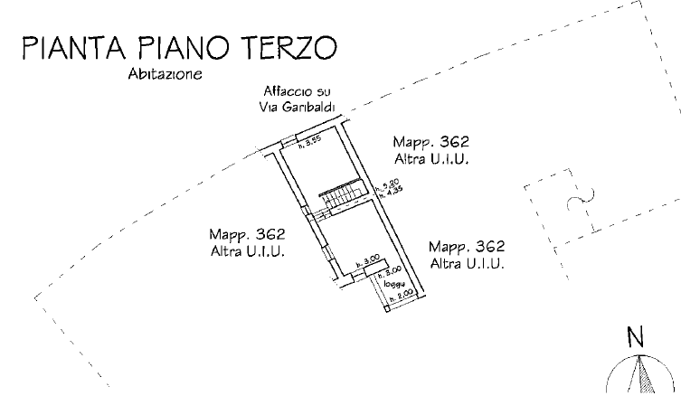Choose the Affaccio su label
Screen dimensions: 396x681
tap(290, 92)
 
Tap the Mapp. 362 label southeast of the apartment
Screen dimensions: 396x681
tap(467, 248)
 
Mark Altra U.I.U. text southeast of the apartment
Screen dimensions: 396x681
tap(467, 263)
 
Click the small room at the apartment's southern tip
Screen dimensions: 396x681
tap(397, 288)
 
